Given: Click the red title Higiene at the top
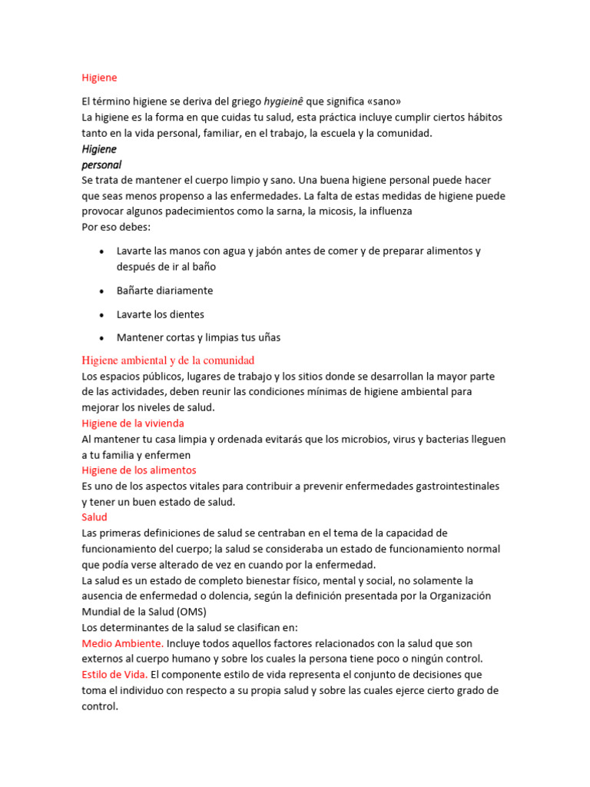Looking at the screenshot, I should click(x=99, y=77).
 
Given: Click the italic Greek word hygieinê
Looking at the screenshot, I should click(x=283, y=101).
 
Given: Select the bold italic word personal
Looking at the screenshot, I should click(x=101, y=164).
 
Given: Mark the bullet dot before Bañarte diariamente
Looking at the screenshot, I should click(x=102, y=291).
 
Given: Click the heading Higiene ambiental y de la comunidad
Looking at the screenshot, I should click(x=167, y=360).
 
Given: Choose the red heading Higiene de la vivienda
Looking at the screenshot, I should click(x=133, y=423).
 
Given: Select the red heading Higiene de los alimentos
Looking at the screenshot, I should click(x=139, y=470).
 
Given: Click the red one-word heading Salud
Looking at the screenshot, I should click(x=94, y=517).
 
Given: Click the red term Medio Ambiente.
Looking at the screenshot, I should click(x=122, y=643).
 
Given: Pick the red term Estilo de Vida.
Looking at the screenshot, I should click(x=114, y=674).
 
